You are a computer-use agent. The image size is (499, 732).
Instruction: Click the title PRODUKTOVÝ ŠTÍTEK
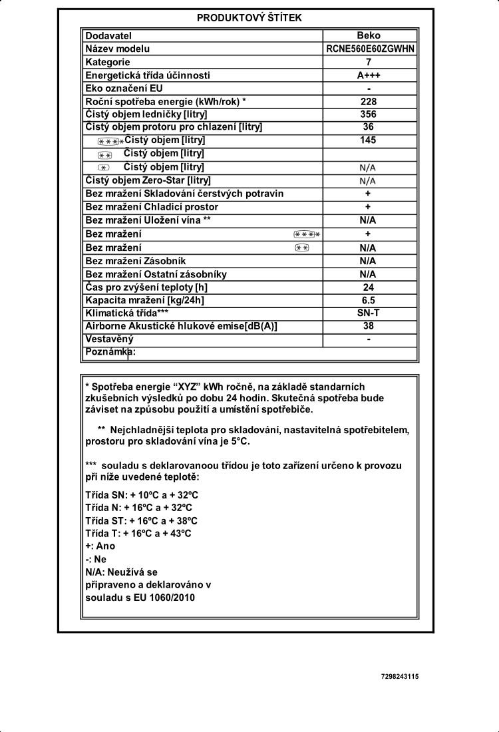pos(249,18)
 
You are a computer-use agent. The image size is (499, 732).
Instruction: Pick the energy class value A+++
pos(368,75)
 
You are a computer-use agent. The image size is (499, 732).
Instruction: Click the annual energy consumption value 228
pos(368,101)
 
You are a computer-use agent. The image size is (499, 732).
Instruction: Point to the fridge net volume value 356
pos(368,114)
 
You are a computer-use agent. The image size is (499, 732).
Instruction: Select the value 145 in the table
pos(368,140)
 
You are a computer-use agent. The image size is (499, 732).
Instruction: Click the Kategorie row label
pos(108,62)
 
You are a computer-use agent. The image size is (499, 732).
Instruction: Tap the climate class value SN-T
pos(368,312)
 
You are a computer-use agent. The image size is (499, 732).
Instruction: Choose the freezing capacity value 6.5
pos(368,299)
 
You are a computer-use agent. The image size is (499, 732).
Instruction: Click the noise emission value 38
pos(368,325)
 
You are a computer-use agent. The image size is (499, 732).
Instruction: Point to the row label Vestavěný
pos(110,339)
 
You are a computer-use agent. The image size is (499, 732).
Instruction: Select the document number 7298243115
pos(400,676)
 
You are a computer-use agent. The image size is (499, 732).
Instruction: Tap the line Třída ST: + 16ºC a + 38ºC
pos(142,520)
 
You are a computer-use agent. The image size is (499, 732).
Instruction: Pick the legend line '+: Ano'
pos(100,546)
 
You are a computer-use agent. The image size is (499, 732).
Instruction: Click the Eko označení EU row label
pos(124,88)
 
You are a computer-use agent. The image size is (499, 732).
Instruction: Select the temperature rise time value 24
pos(368,287)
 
